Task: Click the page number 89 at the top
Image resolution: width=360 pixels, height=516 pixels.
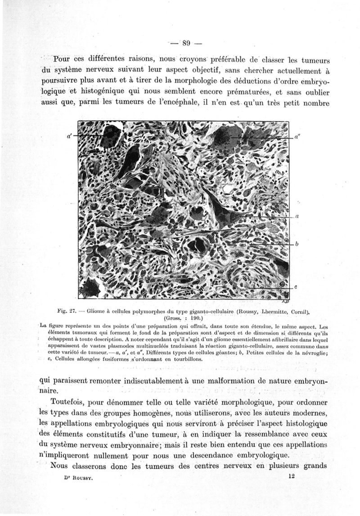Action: tap(187, 44)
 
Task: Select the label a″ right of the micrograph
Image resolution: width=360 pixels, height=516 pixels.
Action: tap(297, 135)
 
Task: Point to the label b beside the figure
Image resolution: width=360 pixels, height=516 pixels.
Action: tap(297, 244)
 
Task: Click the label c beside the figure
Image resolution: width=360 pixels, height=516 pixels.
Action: tap(297, 287)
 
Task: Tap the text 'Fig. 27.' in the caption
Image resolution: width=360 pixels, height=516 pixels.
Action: tap(67, 311)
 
